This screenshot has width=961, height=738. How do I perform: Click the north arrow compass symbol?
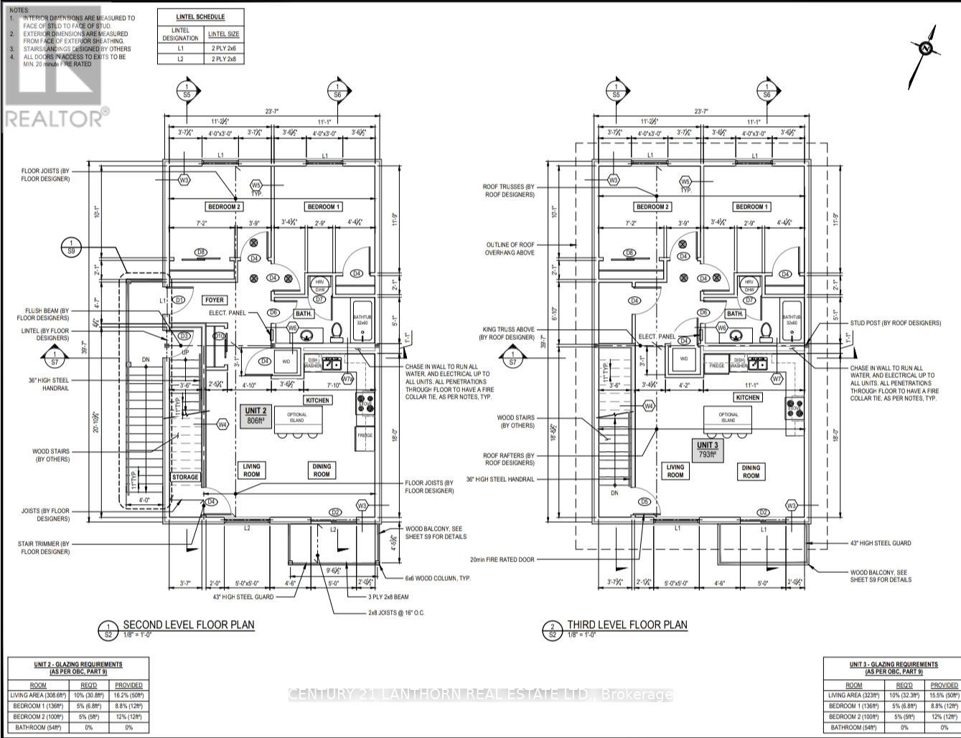tap(926, 48)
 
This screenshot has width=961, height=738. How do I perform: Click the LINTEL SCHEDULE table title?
tap(200, 16)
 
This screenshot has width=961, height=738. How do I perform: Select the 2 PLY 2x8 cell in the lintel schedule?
tap(224, 59)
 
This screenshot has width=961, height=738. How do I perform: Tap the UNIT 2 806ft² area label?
tap(256, 416)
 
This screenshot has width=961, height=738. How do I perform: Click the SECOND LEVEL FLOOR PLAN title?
tap(188, 625)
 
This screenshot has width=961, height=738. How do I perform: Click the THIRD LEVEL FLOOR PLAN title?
tap(627, 625)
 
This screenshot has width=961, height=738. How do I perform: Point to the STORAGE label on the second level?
tap(185, 477)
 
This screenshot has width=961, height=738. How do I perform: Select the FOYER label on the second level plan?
tap(215, 301)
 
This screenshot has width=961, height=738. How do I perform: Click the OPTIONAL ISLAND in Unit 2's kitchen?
tap(296, 417)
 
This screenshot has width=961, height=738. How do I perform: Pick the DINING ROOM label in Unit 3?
tap(751, 471)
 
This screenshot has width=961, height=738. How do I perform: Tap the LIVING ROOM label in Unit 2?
tap(251, 470)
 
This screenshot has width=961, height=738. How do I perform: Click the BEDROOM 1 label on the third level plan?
tap(751, 207)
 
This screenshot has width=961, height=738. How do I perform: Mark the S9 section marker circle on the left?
tap(72, 246)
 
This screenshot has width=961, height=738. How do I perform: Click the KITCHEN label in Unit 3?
tap(747, 397)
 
